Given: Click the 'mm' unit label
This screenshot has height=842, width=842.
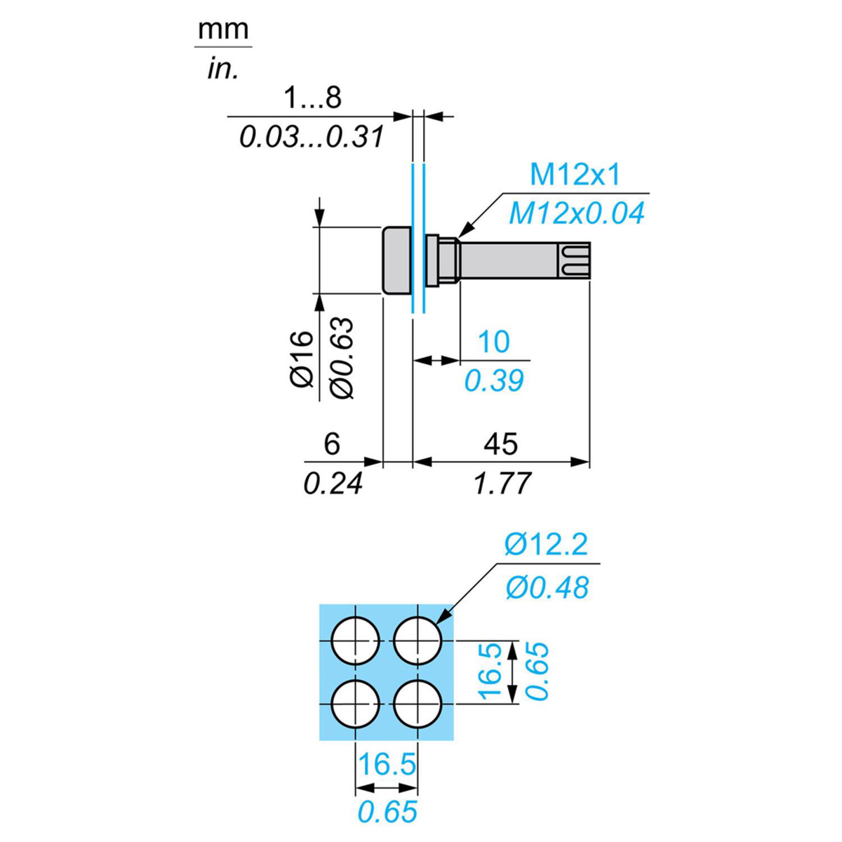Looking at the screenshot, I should tap(223, 30).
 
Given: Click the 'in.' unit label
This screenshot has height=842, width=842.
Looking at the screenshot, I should tap(223, 69).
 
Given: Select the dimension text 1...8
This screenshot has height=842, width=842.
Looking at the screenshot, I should tap(312, 98).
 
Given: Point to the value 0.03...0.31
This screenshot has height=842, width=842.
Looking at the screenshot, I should tap(312, 137).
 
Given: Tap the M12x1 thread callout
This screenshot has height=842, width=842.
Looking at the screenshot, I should tap(575, 175).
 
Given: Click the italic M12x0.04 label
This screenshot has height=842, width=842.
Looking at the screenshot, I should tap(576, 213).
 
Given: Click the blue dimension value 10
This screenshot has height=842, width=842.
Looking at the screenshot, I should tap(493, 342).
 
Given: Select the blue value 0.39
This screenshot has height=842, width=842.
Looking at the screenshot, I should tap(494, 380).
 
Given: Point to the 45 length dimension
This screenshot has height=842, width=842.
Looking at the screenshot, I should tap(501, 443).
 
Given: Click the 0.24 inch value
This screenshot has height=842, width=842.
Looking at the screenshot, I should tap(333, 483).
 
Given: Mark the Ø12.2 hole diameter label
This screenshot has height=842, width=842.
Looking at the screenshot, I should tap(547, 544).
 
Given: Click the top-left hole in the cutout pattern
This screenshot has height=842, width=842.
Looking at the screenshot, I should tap(356, 641).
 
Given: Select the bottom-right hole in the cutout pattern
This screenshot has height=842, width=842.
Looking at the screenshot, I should tap(418, 704).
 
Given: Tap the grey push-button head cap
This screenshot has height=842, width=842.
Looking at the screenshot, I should tap(396, 260).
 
